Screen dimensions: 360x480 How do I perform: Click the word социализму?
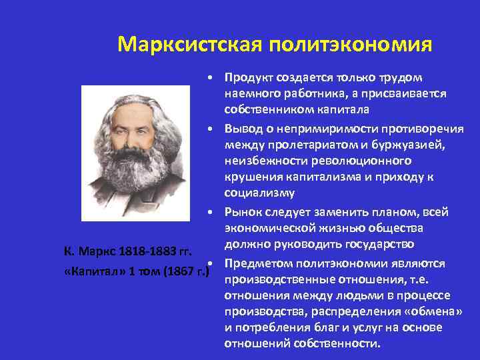click(x=255, y=193)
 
